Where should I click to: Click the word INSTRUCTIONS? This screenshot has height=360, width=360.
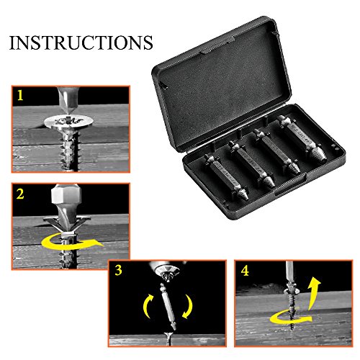[x=81, y=42]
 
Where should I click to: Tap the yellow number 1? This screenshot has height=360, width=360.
[x=20, y=95]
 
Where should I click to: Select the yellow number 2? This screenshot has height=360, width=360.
[x=20, y=194]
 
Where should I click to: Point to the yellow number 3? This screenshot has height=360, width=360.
[x=118, y=270]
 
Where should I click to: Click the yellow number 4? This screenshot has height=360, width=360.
[x=245, y=271]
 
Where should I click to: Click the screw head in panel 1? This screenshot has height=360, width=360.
[x=68, y=122]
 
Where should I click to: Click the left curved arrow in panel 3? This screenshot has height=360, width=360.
[x=148, y=305]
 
